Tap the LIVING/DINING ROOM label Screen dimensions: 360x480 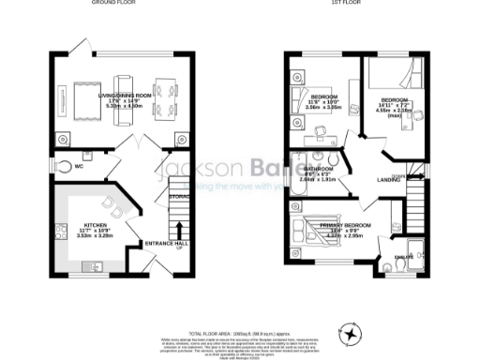click(x=106, y=91)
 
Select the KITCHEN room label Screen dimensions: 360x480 click(x=97, y=226)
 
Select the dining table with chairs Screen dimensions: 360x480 click(x=164, y=97)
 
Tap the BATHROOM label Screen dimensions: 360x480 click(x=322, y=169)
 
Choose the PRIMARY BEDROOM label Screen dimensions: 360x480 click(x=344, y=226)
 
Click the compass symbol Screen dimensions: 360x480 click(x=352, y=333)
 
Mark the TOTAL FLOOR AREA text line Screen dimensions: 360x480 click(x=240, y=333)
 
